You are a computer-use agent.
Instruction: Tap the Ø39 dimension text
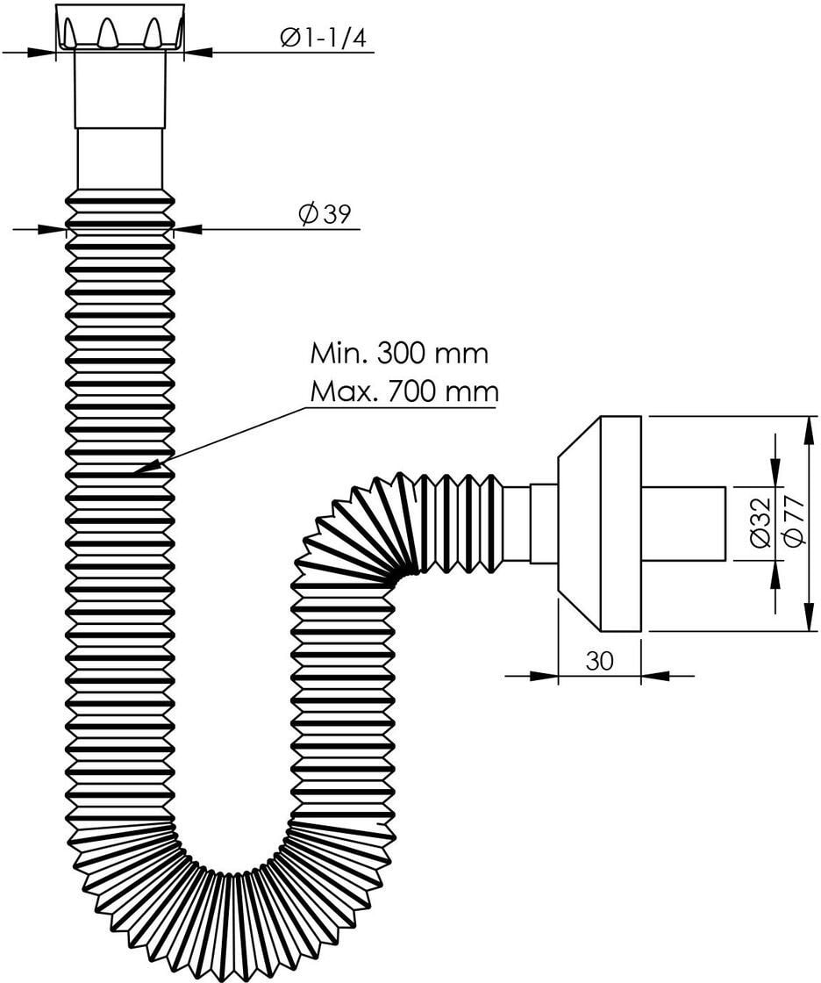coord(325,214)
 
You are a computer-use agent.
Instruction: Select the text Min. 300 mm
coord(399,354)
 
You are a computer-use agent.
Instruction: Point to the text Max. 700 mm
coord(404,391)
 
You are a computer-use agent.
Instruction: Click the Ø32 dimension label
coord(760,522)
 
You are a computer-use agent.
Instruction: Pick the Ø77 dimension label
coord(794,520)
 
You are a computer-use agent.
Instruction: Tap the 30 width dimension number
coord(600,660)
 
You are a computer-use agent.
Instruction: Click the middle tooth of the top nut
coord(107,32)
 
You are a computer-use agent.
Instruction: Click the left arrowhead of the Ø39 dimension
coord(52,229)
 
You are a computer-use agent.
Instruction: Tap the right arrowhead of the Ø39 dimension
coord(188,229)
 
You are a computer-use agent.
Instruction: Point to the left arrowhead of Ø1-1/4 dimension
coord(42,53)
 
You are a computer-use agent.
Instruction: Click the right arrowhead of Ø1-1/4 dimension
coord(197,53)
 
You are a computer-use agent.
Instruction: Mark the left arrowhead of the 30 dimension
coord(544,676)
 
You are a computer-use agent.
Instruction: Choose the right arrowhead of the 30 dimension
coord(655,676)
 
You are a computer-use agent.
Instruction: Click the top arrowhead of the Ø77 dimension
coord(809,430)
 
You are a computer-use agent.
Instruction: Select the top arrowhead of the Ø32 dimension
coord(775,473)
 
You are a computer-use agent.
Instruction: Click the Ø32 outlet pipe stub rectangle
coord(683,524)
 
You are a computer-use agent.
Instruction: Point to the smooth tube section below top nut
coord(119,159)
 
